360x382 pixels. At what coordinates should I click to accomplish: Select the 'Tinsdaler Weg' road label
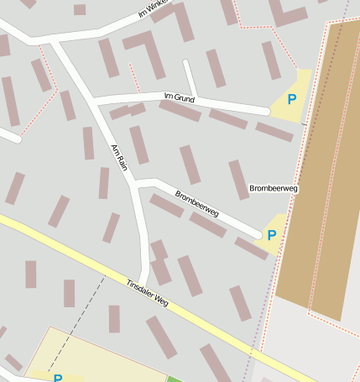(147, 294)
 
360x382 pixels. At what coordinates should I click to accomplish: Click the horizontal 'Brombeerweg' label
(274, 188)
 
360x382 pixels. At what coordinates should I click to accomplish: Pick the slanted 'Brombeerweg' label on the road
(196, 204)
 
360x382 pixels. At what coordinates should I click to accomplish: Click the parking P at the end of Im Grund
(292, 100)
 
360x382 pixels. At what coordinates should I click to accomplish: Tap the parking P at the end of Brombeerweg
(272, 235)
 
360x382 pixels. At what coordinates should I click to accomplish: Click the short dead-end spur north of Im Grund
(190, 77)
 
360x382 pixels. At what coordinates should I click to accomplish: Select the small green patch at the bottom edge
(174, 379)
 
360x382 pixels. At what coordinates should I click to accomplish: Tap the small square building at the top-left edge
(80, 9)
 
